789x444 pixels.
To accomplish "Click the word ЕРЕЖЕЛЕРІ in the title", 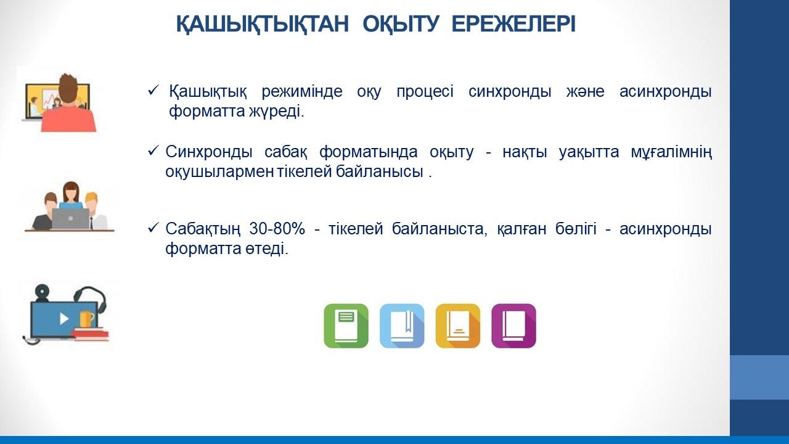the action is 513,24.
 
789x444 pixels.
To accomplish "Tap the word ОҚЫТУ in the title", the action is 401,25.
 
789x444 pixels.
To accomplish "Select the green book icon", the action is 346,326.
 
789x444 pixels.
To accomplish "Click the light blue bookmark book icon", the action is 402,326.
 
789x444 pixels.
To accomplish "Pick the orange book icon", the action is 458,326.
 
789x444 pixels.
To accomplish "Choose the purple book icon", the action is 513,326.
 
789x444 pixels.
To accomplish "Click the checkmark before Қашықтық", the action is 154,90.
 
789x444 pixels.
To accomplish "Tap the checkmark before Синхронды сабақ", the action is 154,151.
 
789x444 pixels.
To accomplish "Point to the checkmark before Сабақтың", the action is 154,228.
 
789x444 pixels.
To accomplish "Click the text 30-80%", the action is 277,229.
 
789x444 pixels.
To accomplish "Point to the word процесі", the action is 425,92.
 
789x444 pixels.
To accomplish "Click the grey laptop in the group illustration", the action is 71,219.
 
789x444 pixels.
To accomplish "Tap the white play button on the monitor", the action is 63,319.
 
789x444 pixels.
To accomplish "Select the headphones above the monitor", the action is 91,300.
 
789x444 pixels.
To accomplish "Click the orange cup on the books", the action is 87,319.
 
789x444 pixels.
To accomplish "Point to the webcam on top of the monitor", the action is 42,292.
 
